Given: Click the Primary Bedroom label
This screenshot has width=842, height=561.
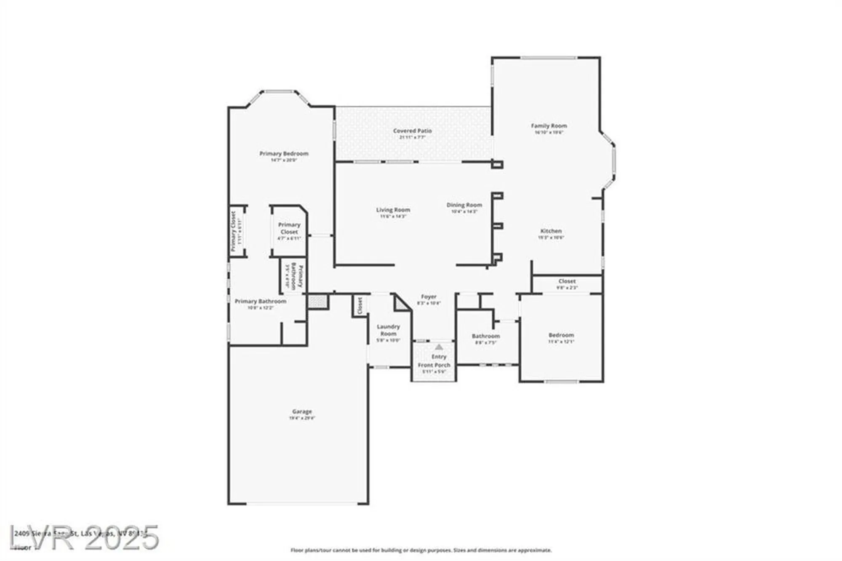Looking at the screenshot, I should (284, 154).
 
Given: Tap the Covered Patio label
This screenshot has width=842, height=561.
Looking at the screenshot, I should (412, 131).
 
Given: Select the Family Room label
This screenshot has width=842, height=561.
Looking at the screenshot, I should (549, 126).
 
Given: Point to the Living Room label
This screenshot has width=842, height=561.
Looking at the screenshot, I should (393, 210).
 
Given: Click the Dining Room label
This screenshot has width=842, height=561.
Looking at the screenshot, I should (464, 205).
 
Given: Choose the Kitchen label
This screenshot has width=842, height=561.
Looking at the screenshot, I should (551, 231).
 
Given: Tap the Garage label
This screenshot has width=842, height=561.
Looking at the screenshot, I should (302, 411).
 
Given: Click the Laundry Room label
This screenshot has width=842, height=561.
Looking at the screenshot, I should (388, 330).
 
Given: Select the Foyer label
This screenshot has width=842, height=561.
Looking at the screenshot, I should (429, 297).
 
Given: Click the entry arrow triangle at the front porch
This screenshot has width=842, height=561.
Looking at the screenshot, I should (439, 347).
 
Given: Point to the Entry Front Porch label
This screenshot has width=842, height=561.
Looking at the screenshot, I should (434, 361).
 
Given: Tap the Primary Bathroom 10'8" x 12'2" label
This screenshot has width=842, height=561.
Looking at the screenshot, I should (260, 302).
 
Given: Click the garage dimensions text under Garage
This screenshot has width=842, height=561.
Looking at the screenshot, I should (302, 418).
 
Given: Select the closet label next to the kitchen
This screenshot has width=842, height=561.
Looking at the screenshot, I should (567, 281).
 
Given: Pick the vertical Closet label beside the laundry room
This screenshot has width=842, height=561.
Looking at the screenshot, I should (360, 305).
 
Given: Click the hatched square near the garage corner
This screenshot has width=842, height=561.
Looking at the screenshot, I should (317, 301).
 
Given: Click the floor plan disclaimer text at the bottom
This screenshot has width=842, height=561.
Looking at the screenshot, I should (421, 550).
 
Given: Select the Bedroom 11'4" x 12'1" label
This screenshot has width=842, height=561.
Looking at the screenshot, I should (561, 335).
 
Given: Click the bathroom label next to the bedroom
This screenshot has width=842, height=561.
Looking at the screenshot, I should (485, 336).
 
